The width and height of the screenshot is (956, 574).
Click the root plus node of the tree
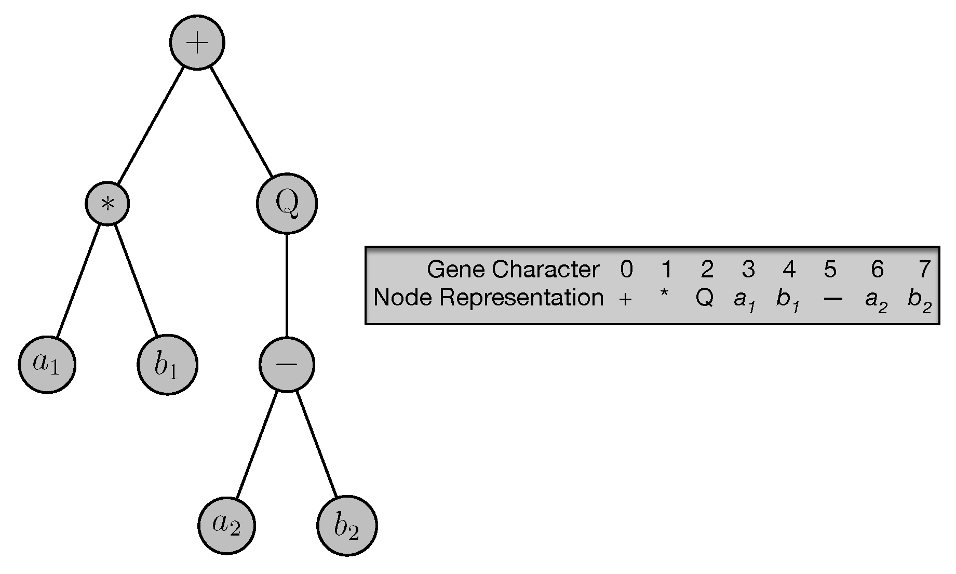pyautogui.click(x=197, y=43)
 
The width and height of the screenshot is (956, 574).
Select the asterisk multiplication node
pyautogui.click(x=107, y=204)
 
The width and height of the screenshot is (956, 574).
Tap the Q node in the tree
pyautogui.click(x=287, y=204)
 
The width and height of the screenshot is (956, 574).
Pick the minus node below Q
pyautogui.click(x=287, y=364)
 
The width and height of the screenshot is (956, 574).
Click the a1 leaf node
pyautogui.click(x=47, y=364)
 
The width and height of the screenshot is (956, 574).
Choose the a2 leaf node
pyautogui.click(x=226, y=526)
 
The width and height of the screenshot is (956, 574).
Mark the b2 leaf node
pyautogui.click(x=347, y=526)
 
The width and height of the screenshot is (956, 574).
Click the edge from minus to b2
pyautogui.click(x=317, y=445)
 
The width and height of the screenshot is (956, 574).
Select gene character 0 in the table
pyautogui.click(x=626, y=269)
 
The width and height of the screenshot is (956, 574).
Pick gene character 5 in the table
pyautogui.click(x=830, y=269)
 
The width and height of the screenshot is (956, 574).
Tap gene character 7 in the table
pyautogui.click(x=923, y=269)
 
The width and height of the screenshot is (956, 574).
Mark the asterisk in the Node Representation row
pyautogui.click(x=664, y=295)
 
